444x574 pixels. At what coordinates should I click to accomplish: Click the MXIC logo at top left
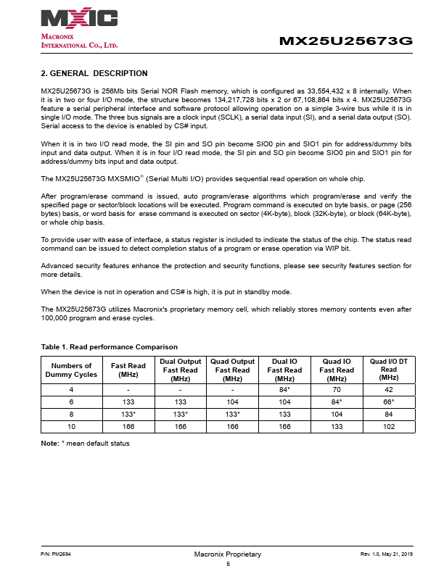tap(79, 18)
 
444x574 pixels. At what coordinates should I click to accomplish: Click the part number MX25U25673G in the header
tap(346, 41)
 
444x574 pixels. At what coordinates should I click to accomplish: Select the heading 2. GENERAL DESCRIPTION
tap(94, 73)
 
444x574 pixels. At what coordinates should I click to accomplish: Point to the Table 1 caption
tap(110, 347)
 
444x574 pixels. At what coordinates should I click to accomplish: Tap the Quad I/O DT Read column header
tap(389, 370)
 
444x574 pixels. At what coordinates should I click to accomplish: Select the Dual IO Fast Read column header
tap(284, 370)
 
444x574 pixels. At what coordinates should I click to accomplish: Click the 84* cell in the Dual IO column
tap(284, 390)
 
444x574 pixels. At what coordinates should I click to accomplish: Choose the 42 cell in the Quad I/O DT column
tap(389, 390)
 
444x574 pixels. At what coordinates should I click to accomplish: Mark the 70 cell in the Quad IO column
tap(337, 390)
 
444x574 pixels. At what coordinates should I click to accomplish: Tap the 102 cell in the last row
tap(389, 427)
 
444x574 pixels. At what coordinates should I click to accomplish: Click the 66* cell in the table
tap(389, 402)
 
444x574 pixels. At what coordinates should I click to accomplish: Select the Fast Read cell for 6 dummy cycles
tap(128, 402)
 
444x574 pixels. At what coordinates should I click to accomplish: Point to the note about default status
tap(85, 443)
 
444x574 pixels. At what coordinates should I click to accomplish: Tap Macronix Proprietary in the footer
tap(227, 554)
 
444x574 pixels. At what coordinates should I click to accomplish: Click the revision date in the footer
tap(386, 554)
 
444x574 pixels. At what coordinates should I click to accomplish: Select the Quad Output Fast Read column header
tap(232, 370)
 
